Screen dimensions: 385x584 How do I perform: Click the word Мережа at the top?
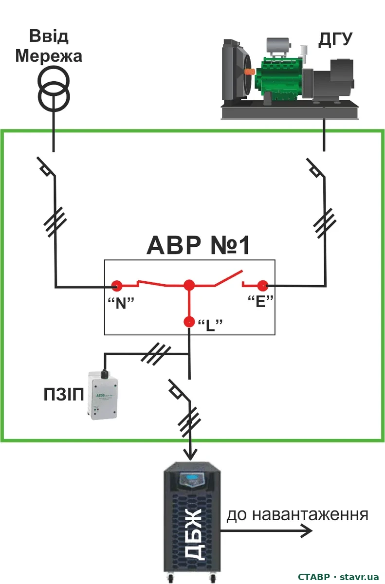tap(49, 56)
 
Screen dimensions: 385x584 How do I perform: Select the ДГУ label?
tap(335, 39)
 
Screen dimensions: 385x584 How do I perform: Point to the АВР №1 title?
tap(198, 245)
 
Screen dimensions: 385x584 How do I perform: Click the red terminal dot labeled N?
tap(117, 286)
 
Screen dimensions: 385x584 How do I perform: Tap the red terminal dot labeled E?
tap(263, 286)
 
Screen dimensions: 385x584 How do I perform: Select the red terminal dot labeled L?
tap(189, 322)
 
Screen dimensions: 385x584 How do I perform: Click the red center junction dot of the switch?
tap(189, 286)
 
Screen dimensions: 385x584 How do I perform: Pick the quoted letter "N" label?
tap(121, 303)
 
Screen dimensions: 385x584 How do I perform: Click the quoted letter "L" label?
tap(210, 325)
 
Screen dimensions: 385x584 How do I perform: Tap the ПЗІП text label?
tap(64, 395)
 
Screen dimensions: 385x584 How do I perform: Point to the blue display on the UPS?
tap(192, 477)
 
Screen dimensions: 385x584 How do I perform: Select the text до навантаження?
tap(297, 515)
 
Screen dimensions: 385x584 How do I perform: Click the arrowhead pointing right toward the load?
tap(307, 530)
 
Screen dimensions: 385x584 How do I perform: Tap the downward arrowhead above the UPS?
tap(190, 454)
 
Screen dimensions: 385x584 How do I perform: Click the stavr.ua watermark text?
tap(359, 577)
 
